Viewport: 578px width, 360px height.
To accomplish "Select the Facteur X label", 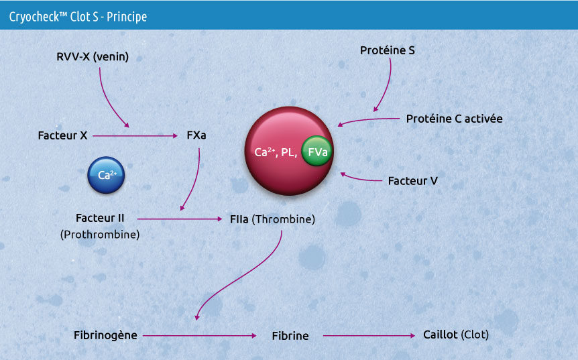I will tap(62, 135).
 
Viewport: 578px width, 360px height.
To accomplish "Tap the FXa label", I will tap(196, 135).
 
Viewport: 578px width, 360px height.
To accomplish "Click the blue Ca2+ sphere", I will tap(106, 176).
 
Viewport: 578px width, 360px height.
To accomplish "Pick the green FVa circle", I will tap(317, 152).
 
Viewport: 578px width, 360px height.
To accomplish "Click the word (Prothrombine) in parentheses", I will tap(100, 235).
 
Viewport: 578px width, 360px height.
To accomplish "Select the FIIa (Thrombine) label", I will tap(272, 219).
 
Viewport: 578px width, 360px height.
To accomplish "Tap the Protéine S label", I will tap(388, 50).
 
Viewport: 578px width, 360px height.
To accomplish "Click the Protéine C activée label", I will tap(454, 119).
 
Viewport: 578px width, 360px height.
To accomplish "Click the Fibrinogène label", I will tap(105, 335).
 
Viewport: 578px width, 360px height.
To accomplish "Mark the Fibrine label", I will tap(290, 335).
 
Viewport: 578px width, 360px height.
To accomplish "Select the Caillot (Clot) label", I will tap(456, 334).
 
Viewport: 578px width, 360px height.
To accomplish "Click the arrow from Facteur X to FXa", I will tap(134, 136).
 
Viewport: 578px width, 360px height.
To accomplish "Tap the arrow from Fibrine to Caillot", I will tap(369, 335).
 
